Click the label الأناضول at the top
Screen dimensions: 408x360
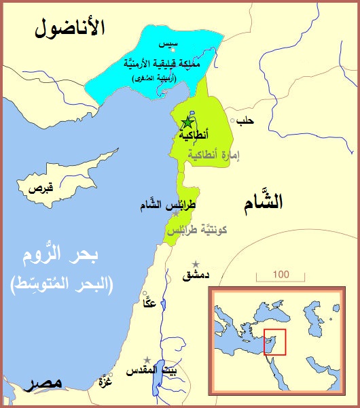pos(71,28)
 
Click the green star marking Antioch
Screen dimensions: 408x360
pos(187,122)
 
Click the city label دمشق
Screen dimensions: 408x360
pos(196,276)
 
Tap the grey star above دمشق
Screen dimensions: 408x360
pos(196,264)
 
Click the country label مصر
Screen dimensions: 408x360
pos(42,384)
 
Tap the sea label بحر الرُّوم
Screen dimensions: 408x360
pos(65,258)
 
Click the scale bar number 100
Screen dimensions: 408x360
pos(277,275)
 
